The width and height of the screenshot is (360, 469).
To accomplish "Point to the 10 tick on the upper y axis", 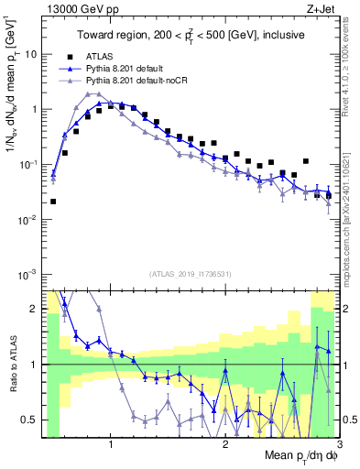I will [x=32, y=54].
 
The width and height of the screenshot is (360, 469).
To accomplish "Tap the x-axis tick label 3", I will [x=340, y=445].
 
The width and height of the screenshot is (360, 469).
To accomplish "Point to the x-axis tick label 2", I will [x=225, y=445].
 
